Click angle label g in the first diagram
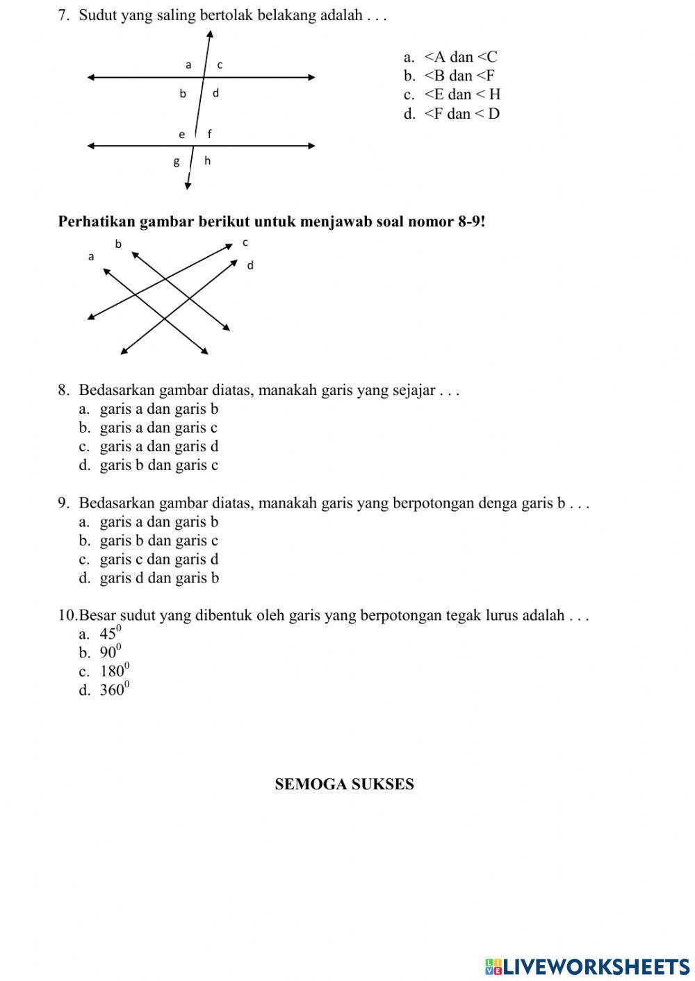177,162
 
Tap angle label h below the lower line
207,161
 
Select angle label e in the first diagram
182,135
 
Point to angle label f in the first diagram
209,134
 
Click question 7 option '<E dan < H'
461,94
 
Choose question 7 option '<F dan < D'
461,113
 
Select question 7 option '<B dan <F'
459,76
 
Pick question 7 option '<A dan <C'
460,57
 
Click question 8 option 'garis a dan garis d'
158,446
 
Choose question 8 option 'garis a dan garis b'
158,409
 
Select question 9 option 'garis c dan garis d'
158,559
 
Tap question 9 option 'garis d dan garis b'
159,578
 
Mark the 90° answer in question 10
111,653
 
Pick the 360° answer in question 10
115,690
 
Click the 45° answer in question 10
111,634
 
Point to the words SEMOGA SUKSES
344,785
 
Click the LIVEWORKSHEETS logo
587,966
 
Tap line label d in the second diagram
250,265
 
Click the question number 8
63,390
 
